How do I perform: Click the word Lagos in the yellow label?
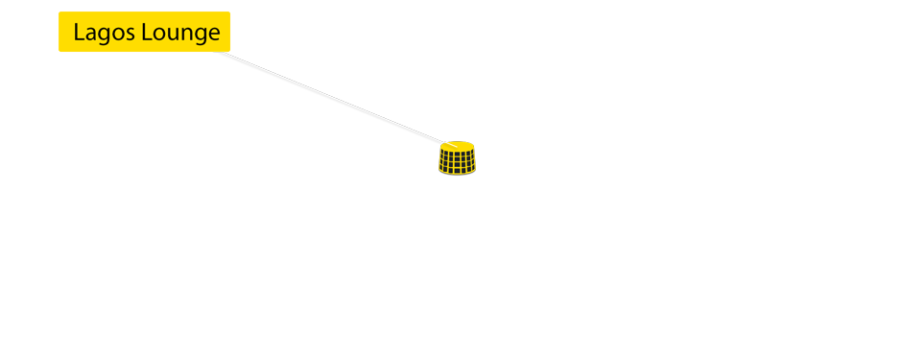[104, 33]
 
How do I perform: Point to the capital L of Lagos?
[79, 33]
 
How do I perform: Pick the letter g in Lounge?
[199, 36]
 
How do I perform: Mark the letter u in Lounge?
[171, 35]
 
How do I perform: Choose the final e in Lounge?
[214, 35]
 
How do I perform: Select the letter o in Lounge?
[158, 35]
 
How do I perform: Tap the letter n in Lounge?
[184, 35]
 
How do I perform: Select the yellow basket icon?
[458, 158]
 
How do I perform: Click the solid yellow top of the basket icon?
[458, 148]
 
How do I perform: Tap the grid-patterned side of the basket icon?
[458, 164]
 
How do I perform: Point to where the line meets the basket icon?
[444, 143]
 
